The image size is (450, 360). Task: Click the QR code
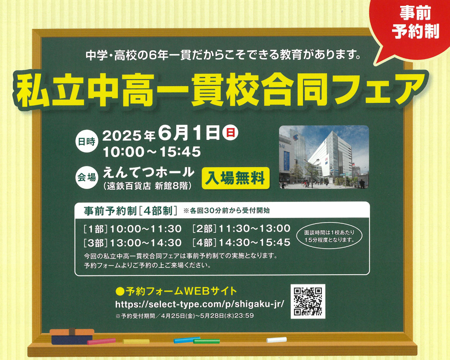point(308,301)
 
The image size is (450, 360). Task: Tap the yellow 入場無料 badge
point(236,178)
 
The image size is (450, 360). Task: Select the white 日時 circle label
point(87,141)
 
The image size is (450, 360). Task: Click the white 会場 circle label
point(87,178)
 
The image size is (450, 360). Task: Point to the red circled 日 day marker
point(230,133)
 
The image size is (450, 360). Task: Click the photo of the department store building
point(324,157)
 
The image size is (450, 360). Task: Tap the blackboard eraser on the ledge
point(72,336)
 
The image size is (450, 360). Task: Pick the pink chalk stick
point(101,341)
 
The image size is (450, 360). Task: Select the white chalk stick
point(277,340)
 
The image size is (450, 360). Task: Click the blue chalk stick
point(187,340)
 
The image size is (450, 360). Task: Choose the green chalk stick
point(206,341)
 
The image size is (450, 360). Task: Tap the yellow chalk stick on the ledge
point(136,341)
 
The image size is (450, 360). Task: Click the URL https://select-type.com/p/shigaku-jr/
point(200,304)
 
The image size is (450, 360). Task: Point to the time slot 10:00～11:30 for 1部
point(146,229)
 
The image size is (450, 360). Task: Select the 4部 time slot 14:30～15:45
point(255,242)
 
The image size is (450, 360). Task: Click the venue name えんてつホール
point(149,173)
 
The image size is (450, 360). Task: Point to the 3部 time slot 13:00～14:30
point(146,243)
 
